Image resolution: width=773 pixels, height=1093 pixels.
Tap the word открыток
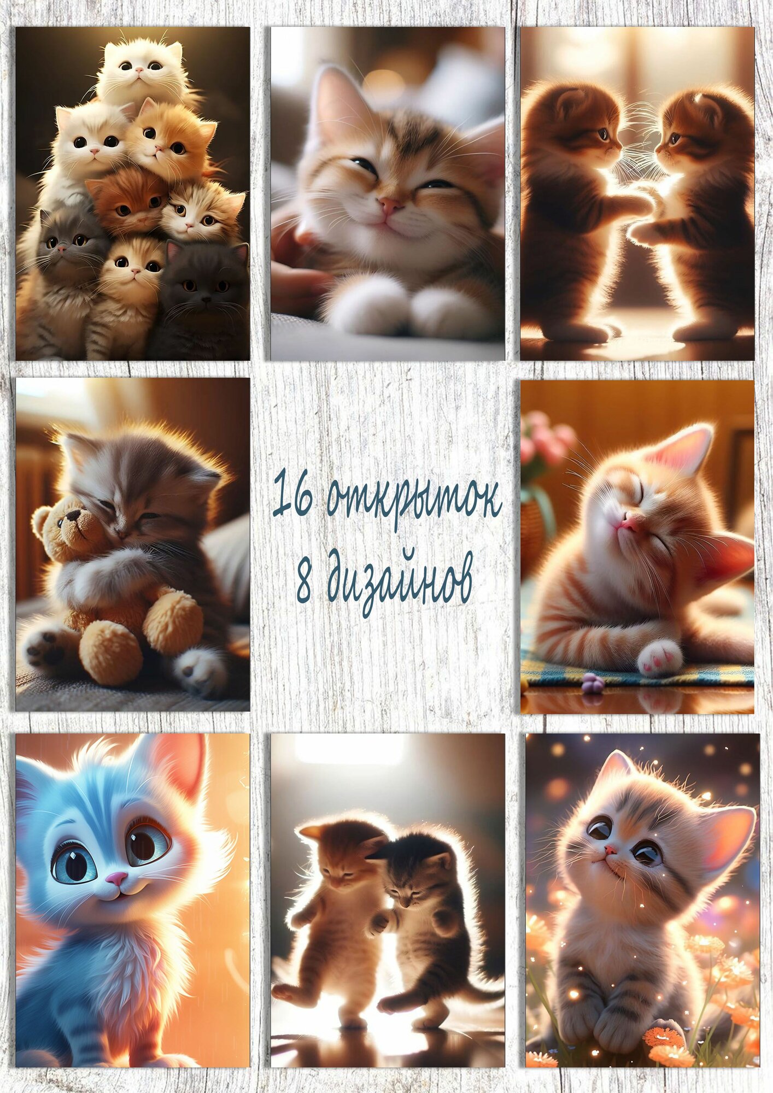click(414, 498)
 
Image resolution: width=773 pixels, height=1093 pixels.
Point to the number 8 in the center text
click(304, 580)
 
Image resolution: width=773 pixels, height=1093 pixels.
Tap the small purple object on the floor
click(592, 683)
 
